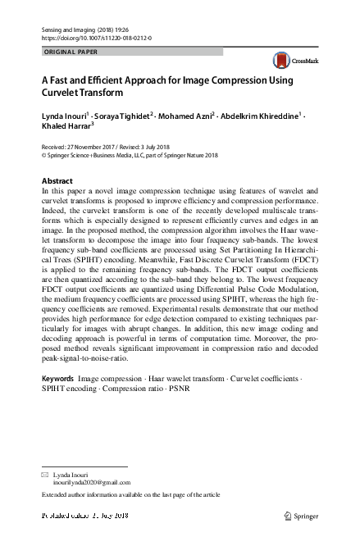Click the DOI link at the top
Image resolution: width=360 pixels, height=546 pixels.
point(96,38)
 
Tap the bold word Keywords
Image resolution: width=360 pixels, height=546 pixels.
point(57,378)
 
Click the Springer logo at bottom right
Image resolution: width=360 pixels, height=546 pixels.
point(302,516)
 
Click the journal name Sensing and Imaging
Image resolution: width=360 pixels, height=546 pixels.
point(71,29)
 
